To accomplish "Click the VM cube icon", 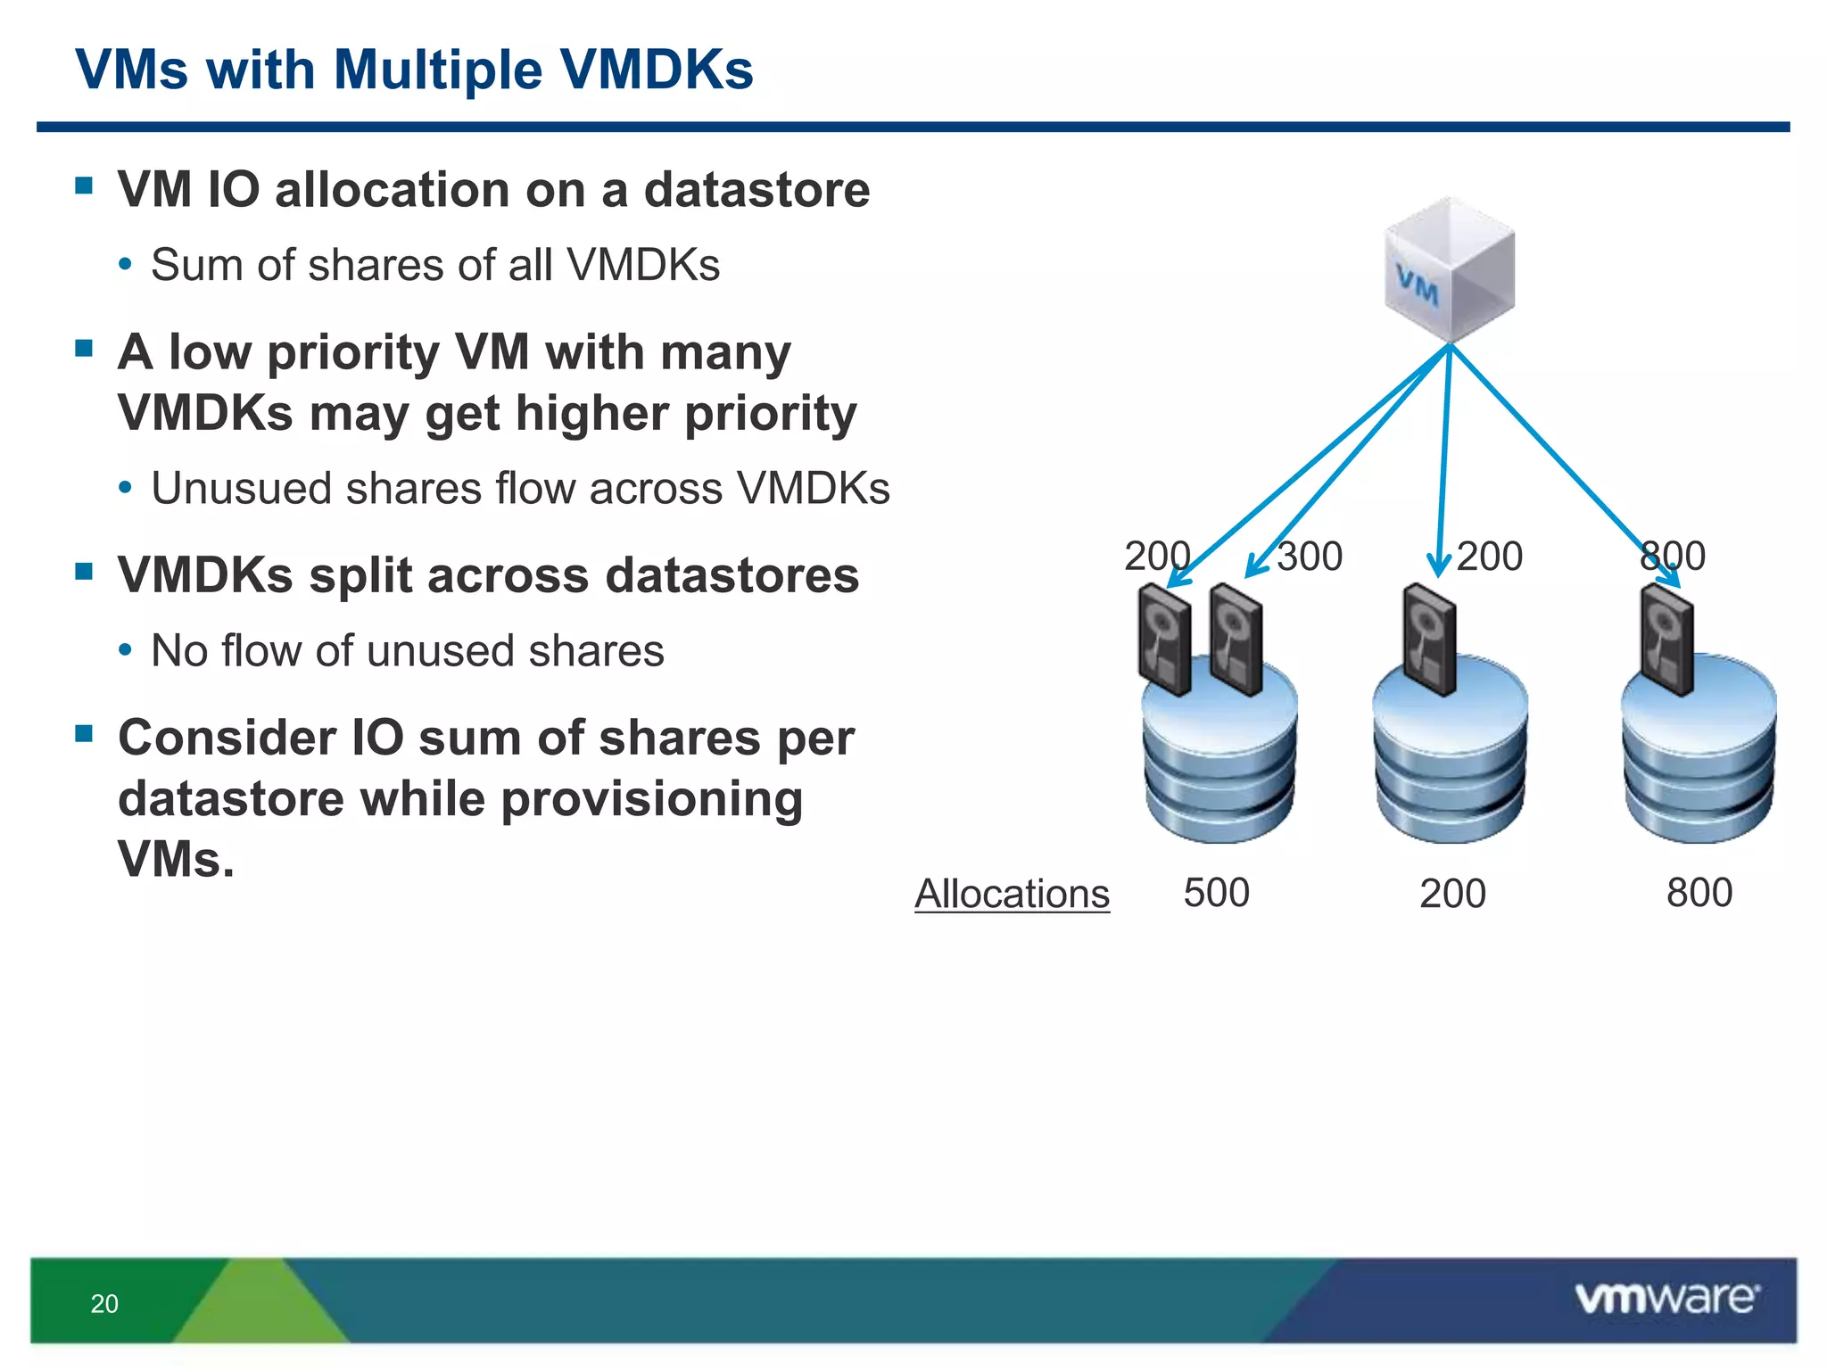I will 1450,270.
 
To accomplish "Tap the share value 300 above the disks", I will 1310,557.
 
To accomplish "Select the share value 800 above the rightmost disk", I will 1673,557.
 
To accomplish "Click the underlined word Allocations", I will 1012,894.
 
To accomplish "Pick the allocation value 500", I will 1216,893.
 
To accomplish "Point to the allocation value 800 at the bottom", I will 1699,893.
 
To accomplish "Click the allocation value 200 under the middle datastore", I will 1452,894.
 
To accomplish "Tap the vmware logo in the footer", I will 1666,1299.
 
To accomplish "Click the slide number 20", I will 104,1304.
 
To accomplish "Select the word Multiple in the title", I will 437,70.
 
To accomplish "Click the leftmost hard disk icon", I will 1164,640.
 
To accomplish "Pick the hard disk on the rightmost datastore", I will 1666,640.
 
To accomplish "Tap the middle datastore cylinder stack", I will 1451,758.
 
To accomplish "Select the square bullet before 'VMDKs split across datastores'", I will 85,571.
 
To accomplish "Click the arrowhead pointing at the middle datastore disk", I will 1438,568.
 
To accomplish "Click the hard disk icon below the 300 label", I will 1236,640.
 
